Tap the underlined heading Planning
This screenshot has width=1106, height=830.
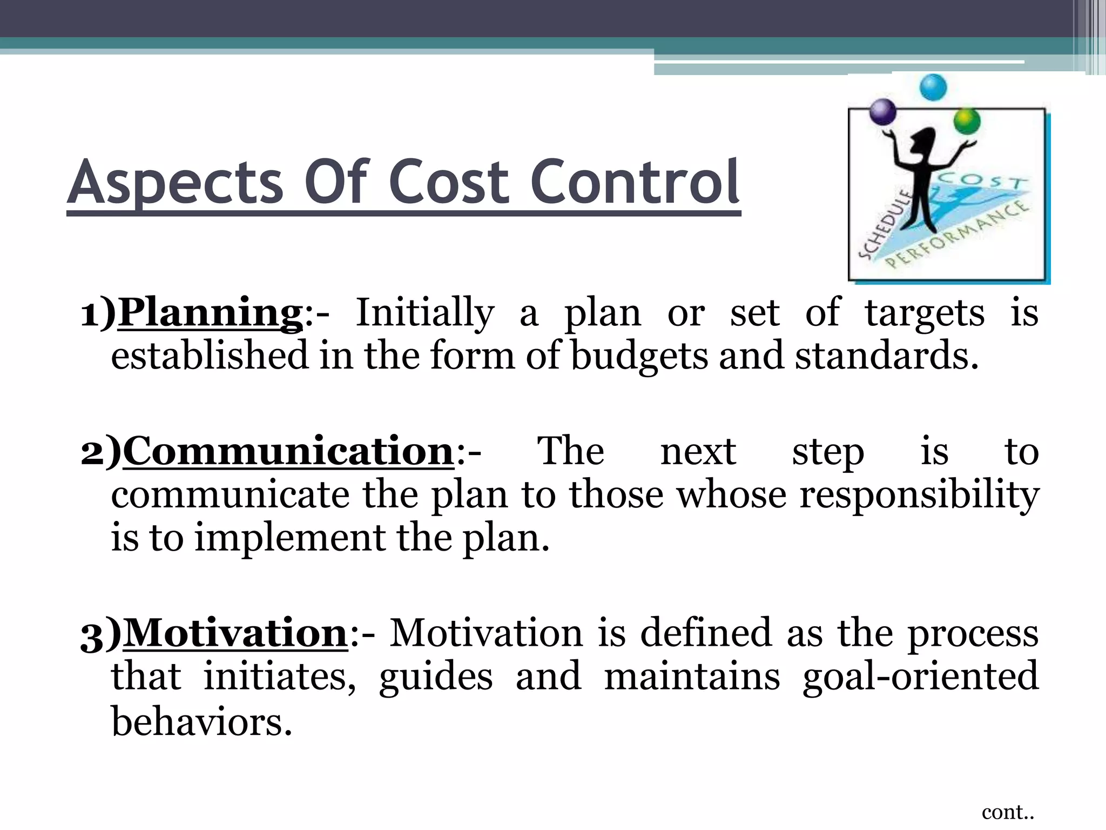(210, 313)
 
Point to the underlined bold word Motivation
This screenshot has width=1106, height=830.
(235, 633)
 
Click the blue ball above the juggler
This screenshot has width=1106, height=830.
(933, 88)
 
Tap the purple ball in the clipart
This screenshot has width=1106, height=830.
(883, 112)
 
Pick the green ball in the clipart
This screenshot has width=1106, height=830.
(967, 122)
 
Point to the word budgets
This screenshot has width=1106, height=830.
(639, 357)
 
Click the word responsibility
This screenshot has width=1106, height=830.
(919, 495)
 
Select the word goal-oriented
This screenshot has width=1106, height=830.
(920, 677)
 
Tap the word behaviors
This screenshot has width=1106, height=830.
(201, 722)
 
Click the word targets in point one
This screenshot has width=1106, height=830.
(925, 313)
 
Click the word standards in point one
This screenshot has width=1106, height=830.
(886, 357)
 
